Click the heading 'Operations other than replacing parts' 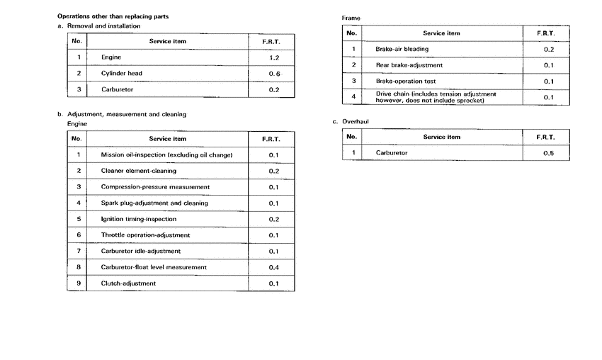tap(117, 16)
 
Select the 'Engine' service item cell tap(112, 56)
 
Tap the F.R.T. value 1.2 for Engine tap(275, 56)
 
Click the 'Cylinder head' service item tap(122, 73)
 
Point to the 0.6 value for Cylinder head tap(275, 73)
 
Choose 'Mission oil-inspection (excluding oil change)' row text tap(166, 154)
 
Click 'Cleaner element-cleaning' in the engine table tap(140, 171)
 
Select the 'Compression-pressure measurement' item tap(155, 187)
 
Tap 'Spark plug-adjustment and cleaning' tap(154, 203)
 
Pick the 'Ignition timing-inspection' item tap(139, 219)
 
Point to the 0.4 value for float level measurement tap(274, 267)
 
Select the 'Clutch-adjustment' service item tap(128, 283)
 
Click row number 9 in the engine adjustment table tap(79, 283)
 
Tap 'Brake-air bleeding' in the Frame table tap(402, 49)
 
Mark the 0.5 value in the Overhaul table tap(548, 152)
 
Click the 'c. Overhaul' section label tap(351, 121)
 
